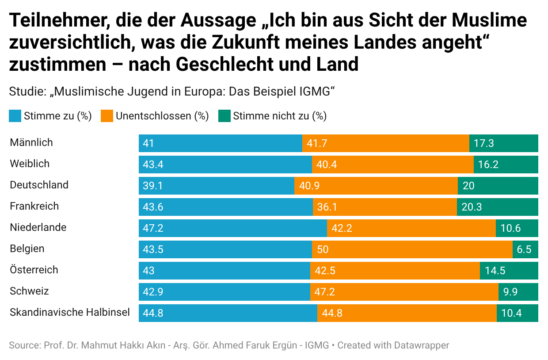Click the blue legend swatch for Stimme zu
tap(15, 116)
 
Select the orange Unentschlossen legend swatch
tap(107, 116)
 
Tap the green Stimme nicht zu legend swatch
tap(225, 116)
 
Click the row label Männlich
tap(31, 142)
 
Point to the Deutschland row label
tap(39, 185)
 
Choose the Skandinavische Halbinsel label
tap(70, 313)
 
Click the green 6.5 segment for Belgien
tap(525, 249)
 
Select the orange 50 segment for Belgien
tap(412, 249)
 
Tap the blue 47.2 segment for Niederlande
tap(233, 228)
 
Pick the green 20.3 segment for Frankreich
tap(497, 207)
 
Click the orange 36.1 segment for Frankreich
tap(385, 207)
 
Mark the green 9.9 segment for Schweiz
tap(518, 292)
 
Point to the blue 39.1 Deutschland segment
tap(217, 186)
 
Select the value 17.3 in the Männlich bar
tap(483, 143)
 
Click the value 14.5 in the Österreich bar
tap(495, 271)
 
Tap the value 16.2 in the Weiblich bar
tap(488, 165)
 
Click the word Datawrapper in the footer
tap(422, 345)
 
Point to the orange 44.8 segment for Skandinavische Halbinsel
tap(407, 313)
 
